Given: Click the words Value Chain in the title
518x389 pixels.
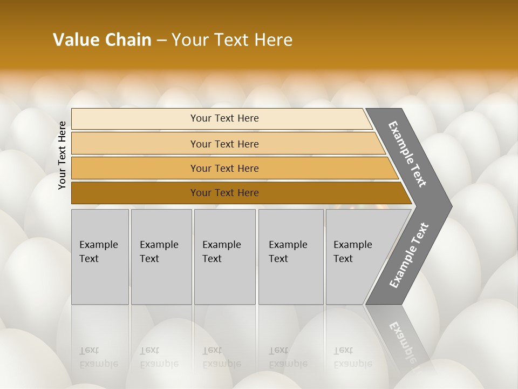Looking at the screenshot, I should coord(102,40).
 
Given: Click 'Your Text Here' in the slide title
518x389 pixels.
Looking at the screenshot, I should coord(232,40).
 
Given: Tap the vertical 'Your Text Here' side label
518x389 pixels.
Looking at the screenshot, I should coord(62,155).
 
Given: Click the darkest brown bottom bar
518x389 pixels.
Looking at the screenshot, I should coord(135,193).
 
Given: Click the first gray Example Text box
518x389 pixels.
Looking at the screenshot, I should coord(100,257).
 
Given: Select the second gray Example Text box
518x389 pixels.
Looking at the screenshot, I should coord(161,257).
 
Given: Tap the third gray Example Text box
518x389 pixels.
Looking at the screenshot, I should coord(224,257).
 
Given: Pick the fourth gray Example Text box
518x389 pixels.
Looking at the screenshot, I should coord(291,257).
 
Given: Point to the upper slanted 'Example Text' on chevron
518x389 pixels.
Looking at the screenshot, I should coord(407,154).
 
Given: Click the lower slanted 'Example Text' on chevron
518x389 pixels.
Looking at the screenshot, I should coord(409,256).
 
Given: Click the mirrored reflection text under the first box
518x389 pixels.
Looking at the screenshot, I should coord(98,357).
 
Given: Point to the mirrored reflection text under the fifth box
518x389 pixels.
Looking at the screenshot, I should coord(352,357).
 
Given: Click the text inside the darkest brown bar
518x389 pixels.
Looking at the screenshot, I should coord(224,193).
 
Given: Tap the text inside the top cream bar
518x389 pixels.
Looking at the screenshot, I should coord(224,118).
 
